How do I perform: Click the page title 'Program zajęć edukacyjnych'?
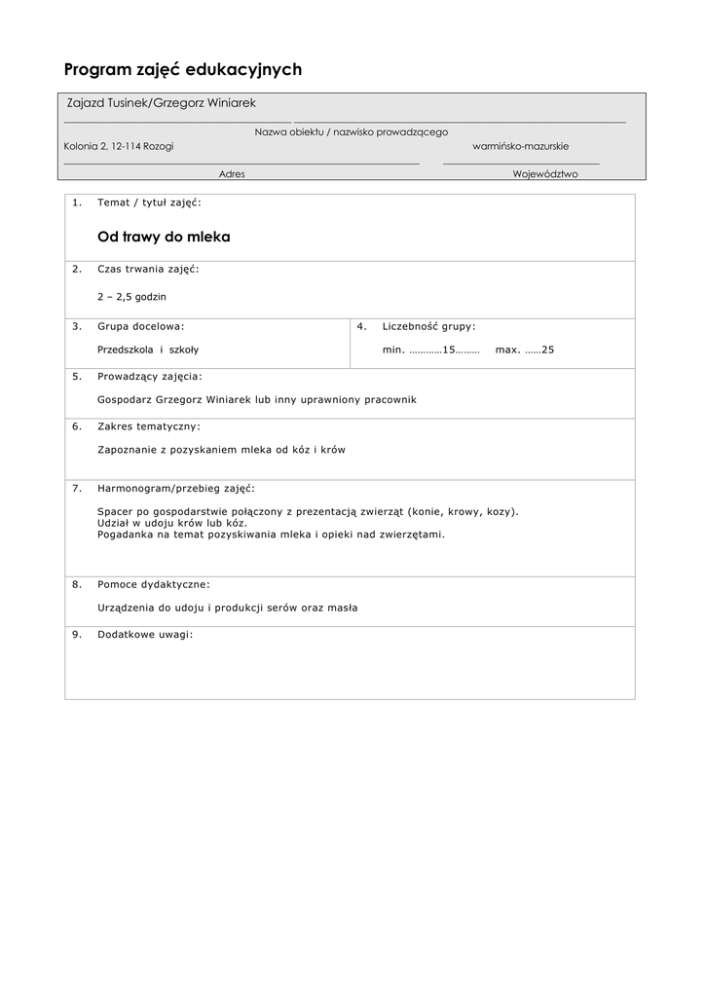coord(183,69)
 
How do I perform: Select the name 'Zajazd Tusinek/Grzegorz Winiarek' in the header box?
coord(161,103)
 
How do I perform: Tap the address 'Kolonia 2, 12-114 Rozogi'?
coord(119,146)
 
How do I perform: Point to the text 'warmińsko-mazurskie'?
coord(521,146)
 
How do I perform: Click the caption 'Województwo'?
coord(545,174)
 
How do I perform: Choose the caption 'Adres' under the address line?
coord(232,174)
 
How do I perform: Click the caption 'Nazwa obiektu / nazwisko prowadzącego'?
coord(352,131)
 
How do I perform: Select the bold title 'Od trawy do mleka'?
coord(164,237)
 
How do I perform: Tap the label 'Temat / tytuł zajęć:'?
coord(149,203)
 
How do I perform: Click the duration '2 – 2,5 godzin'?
coord(131,296)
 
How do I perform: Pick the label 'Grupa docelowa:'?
coord(140,326)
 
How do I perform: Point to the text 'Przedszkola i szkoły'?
coord(148,350)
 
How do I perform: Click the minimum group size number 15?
coord(449,350)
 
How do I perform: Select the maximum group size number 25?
coord(547,350)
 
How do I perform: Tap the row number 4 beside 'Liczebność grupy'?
coord(361,326)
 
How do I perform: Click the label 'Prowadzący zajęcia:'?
coord(150,375)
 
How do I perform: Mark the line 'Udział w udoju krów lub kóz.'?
coord(166,523)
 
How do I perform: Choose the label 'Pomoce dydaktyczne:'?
coord(153,584)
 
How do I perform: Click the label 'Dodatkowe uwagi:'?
coord(145,634)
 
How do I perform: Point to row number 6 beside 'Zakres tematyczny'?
coord(77,425)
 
